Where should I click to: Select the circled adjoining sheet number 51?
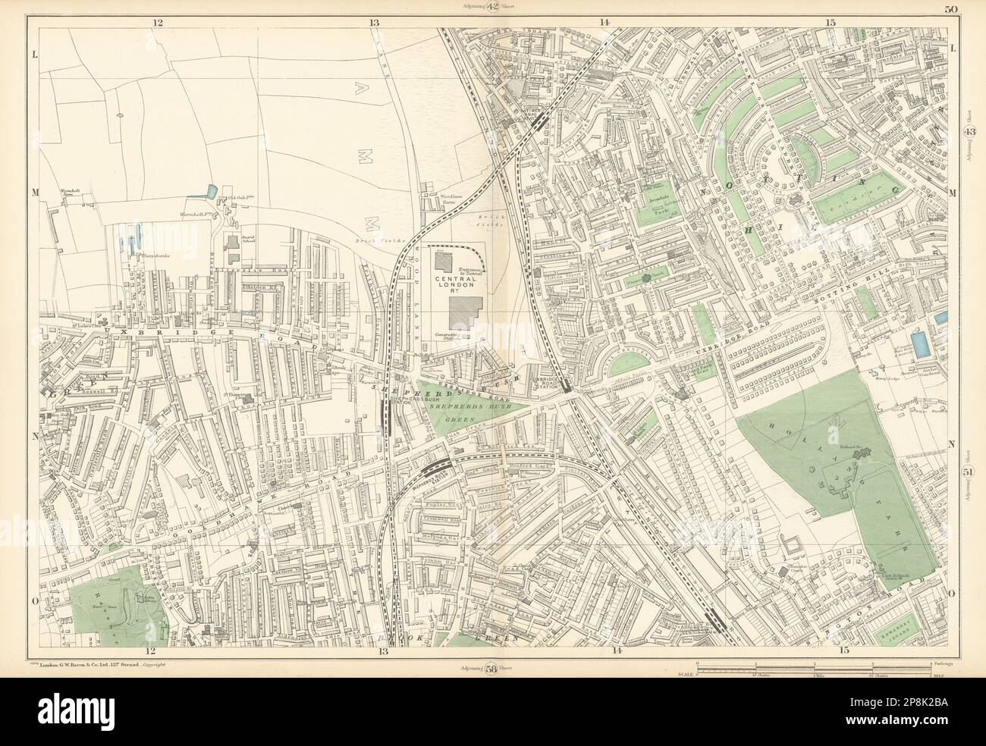coord(969,475)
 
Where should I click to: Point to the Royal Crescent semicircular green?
coord(626,362)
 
